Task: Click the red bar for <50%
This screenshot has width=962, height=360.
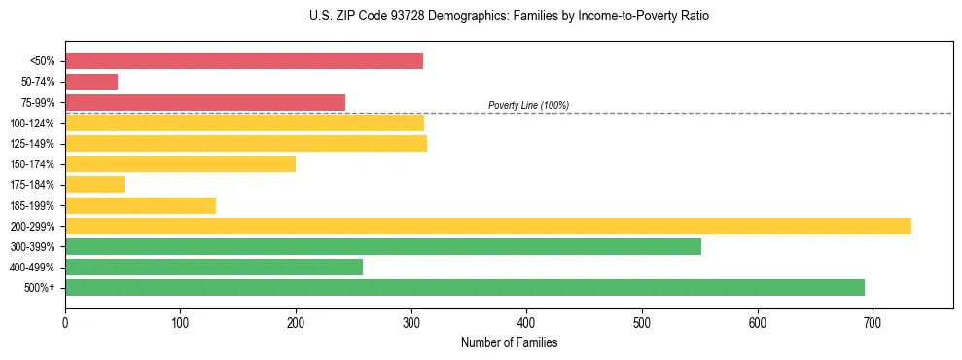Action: click(244, 61)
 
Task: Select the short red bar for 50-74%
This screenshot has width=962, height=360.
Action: click(91, 82)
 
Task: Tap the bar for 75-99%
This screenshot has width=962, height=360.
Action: click(205, 102)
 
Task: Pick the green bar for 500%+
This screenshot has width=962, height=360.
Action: click(465, 287)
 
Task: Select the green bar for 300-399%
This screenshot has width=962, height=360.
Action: click(383, 246)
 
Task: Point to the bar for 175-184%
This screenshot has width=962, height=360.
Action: click(95, 184)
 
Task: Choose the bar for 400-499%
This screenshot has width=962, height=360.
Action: click(214, 267)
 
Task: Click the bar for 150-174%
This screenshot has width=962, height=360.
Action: click(181, 163)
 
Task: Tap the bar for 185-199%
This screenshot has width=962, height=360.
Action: click(141, 205)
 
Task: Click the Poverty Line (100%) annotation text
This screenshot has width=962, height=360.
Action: click(528, 105)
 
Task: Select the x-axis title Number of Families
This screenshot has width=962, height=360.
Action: click(509, 342)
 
